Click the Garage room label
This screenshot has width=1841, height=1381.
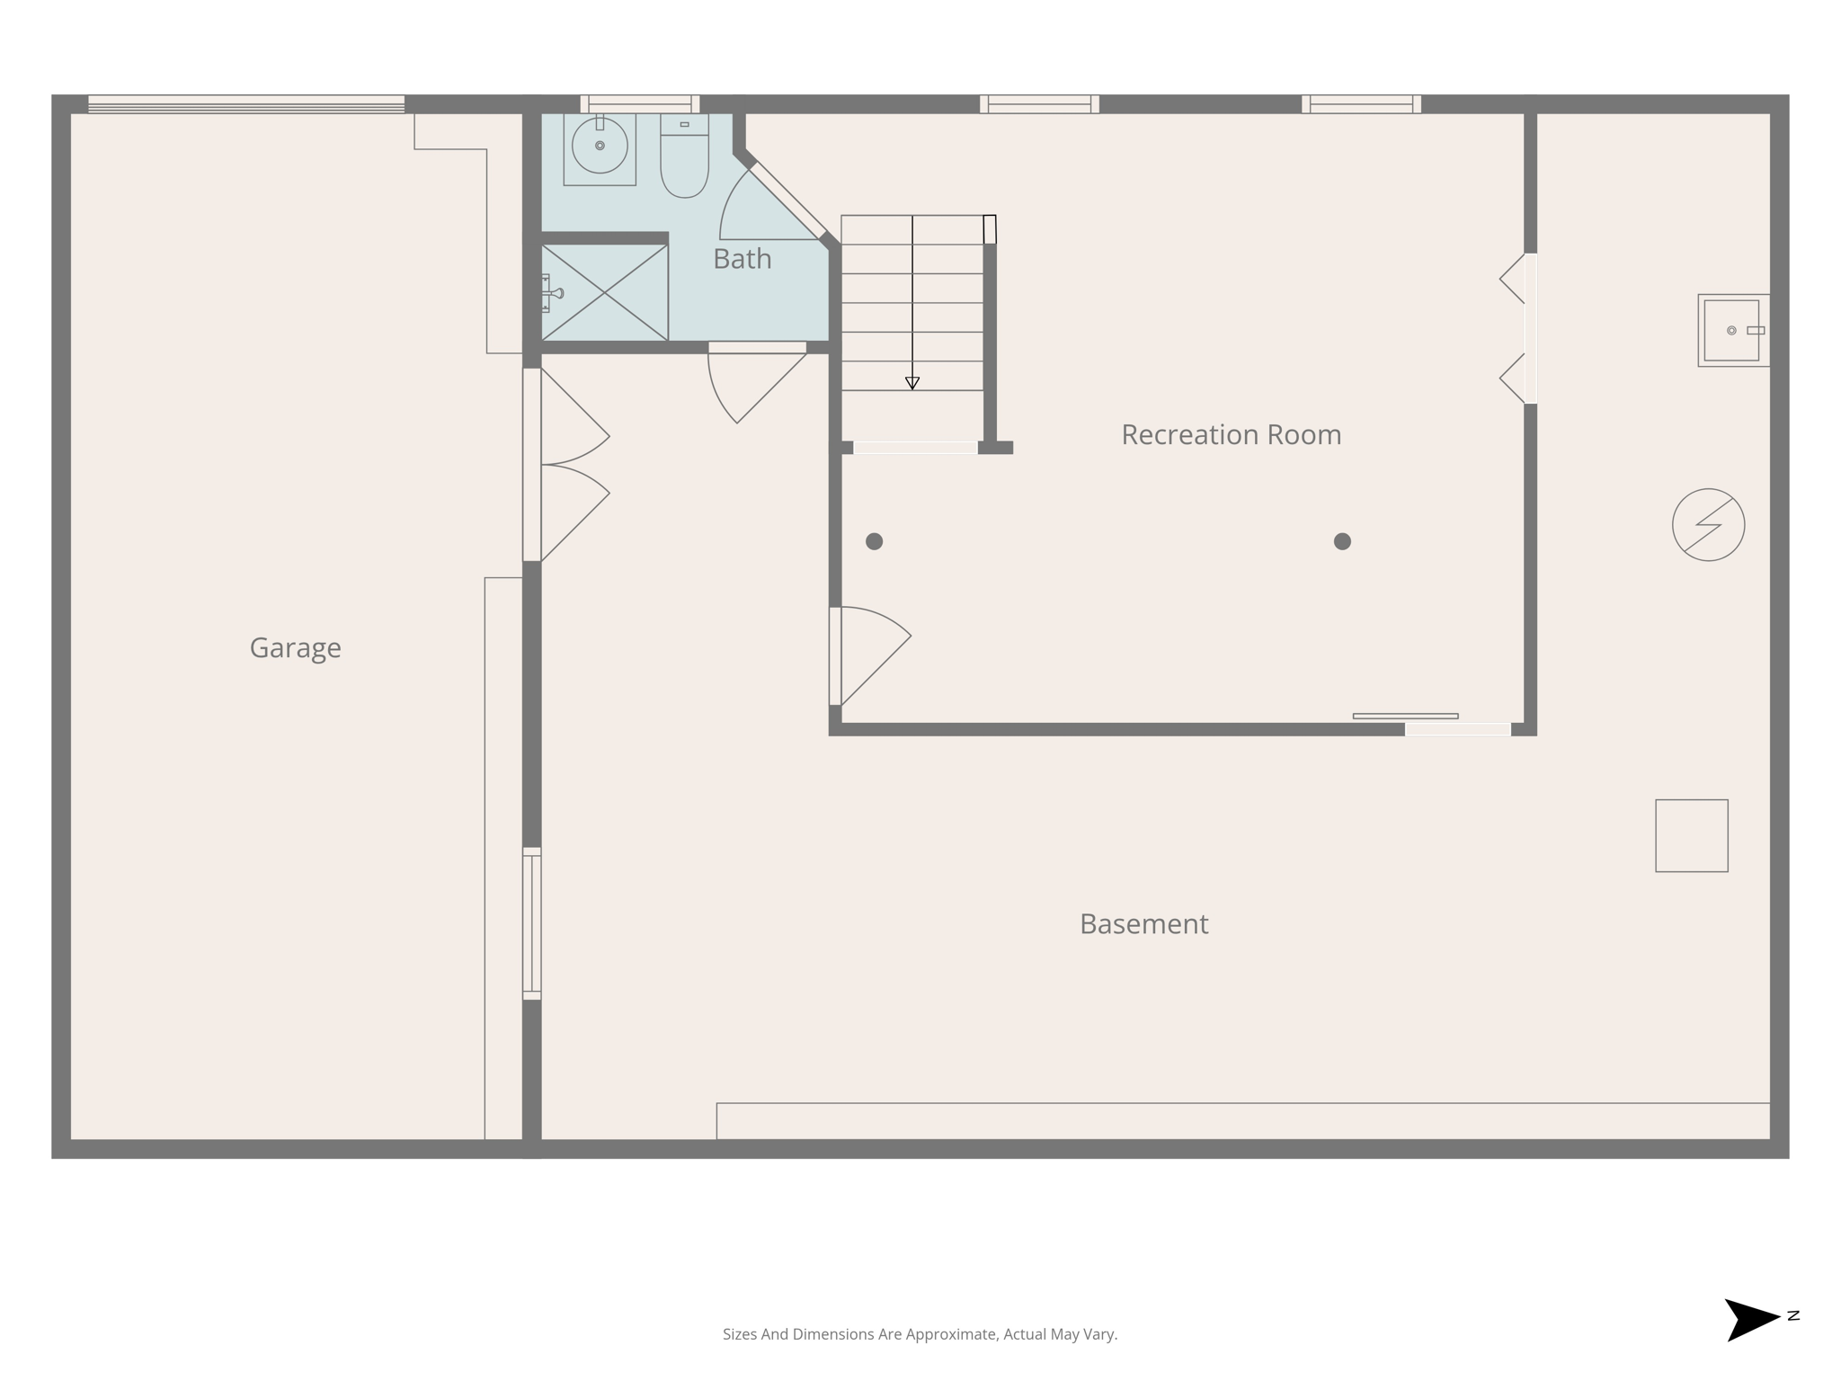pyautogui.click(x=295, y=647)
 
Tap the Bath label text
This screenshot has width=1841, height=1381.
pyautogui.click(x=742, y=259)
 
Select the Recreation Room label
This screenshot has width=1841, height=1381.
pyautogui.click(x=1231, y=435)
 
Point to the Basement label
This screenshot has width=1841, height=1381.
pyautogui.click(x=1143, y=924)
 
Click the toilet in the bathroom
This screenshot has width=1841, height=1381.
pyautogui.click(x=684, y=157)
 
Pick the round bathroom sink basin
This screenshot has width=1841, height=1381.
pyautogui.click(x=600, y=146)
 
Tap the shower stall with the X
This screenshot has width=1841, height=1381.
pyautogui.click(x=604, y=292)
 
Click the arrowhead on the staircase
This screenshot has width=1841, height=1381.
pyautogui.click(x=912, y=383)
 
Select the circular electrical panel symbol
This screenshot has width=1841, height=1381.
pyautogui.click(x=1708, y=525)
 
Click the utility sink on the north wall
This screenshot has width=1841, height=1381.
pyautogui.click(x=1732, y=331)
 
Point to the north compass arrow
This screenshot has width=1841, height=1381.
pyautogui.click(x=1751, y=1319)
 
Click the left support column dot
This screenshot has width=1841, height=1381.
pyautogui.click(x=874, y=541)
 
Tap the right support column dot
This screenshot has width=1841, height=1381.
pyautogui.click(x=1342, y=541)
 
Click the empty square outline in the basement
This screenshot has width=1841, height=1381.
pyautogui.click(x=1691, y=835)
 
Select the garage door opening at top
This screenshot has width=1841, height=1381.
pyautogui.click(x=246, y=104)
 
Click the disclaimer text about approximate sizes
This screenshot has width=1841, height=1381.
pyautogui.click(x=920, y=1334)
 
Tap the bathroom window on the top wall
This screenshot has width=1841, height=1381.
pyautogui.click(x=639, y=104)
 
